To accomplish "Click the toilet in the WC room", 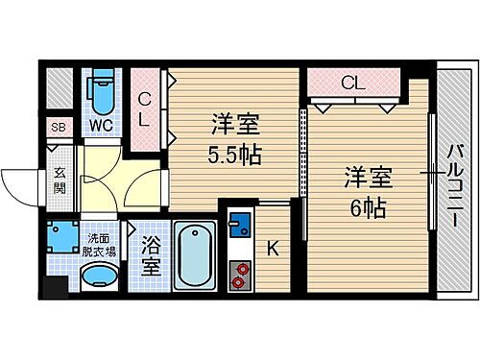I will pos(100,93).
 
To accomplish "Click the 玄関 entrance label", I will pos(60,180).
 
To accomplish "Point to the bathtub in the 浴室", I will pos(194,257).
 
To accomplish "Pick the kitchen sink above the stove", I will pos(239,227).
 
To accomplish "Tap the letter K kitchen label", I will pos(273,249).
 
